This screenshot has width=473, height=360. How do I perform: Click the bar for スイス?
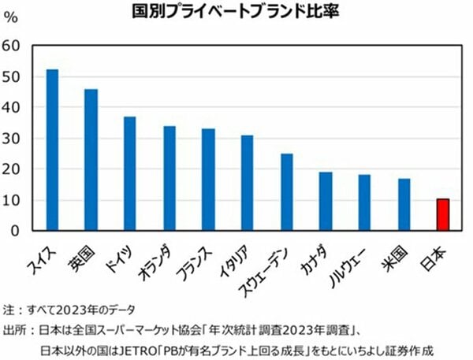[x=52, y=150]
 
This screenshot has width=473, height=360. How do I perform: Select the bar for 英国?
[x=91, y=160]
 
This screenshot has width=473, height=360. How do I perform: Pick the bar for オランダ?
[x=169, y=178]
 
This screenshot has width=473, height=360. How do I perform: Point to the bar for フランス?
[x=208, y=180]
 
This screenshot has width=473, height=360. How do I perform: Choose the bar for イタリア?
[x=248, y=183]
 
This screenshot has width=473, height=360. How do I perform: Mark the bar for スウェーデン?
[x=286, y=192]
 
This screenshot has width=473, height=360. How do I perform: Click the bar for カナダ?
[x=326, y=201]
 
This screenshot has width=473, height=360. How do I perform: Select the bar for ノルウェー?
[x=364, y=202]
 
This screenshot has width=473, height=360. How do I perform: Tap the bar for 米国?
[x=404, y=204]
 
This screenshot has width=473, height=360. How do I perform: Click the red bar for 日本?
[x=443, y=214]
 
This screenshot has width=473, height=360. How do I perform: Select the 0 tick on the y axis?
[x=15, y=230]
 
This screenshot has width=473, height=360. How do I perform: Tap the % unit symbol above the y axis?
[x=10, y=20]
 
